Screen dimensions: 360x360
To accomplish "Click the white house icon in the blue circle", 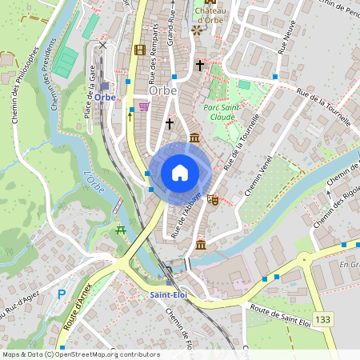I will (x=180, y=173).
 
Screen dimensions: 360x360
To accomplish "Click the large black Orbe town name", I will (x=162, y=90).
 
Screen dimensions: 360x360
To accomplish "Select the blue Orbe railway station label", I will (x=105, y=97).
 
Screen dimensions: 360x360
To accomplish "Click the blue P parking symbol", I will (x=62, y=295).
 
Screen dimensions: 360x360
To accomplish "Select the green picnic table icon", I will (x=121, y=230).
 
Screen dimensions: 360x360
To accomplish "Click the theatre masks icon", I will (x=213, y=198).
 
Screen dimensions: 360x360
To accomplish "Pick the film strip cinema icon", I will (x=140, y=50).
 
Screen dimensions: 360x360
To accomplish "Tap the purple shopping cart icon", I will (x=144, y=106).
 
